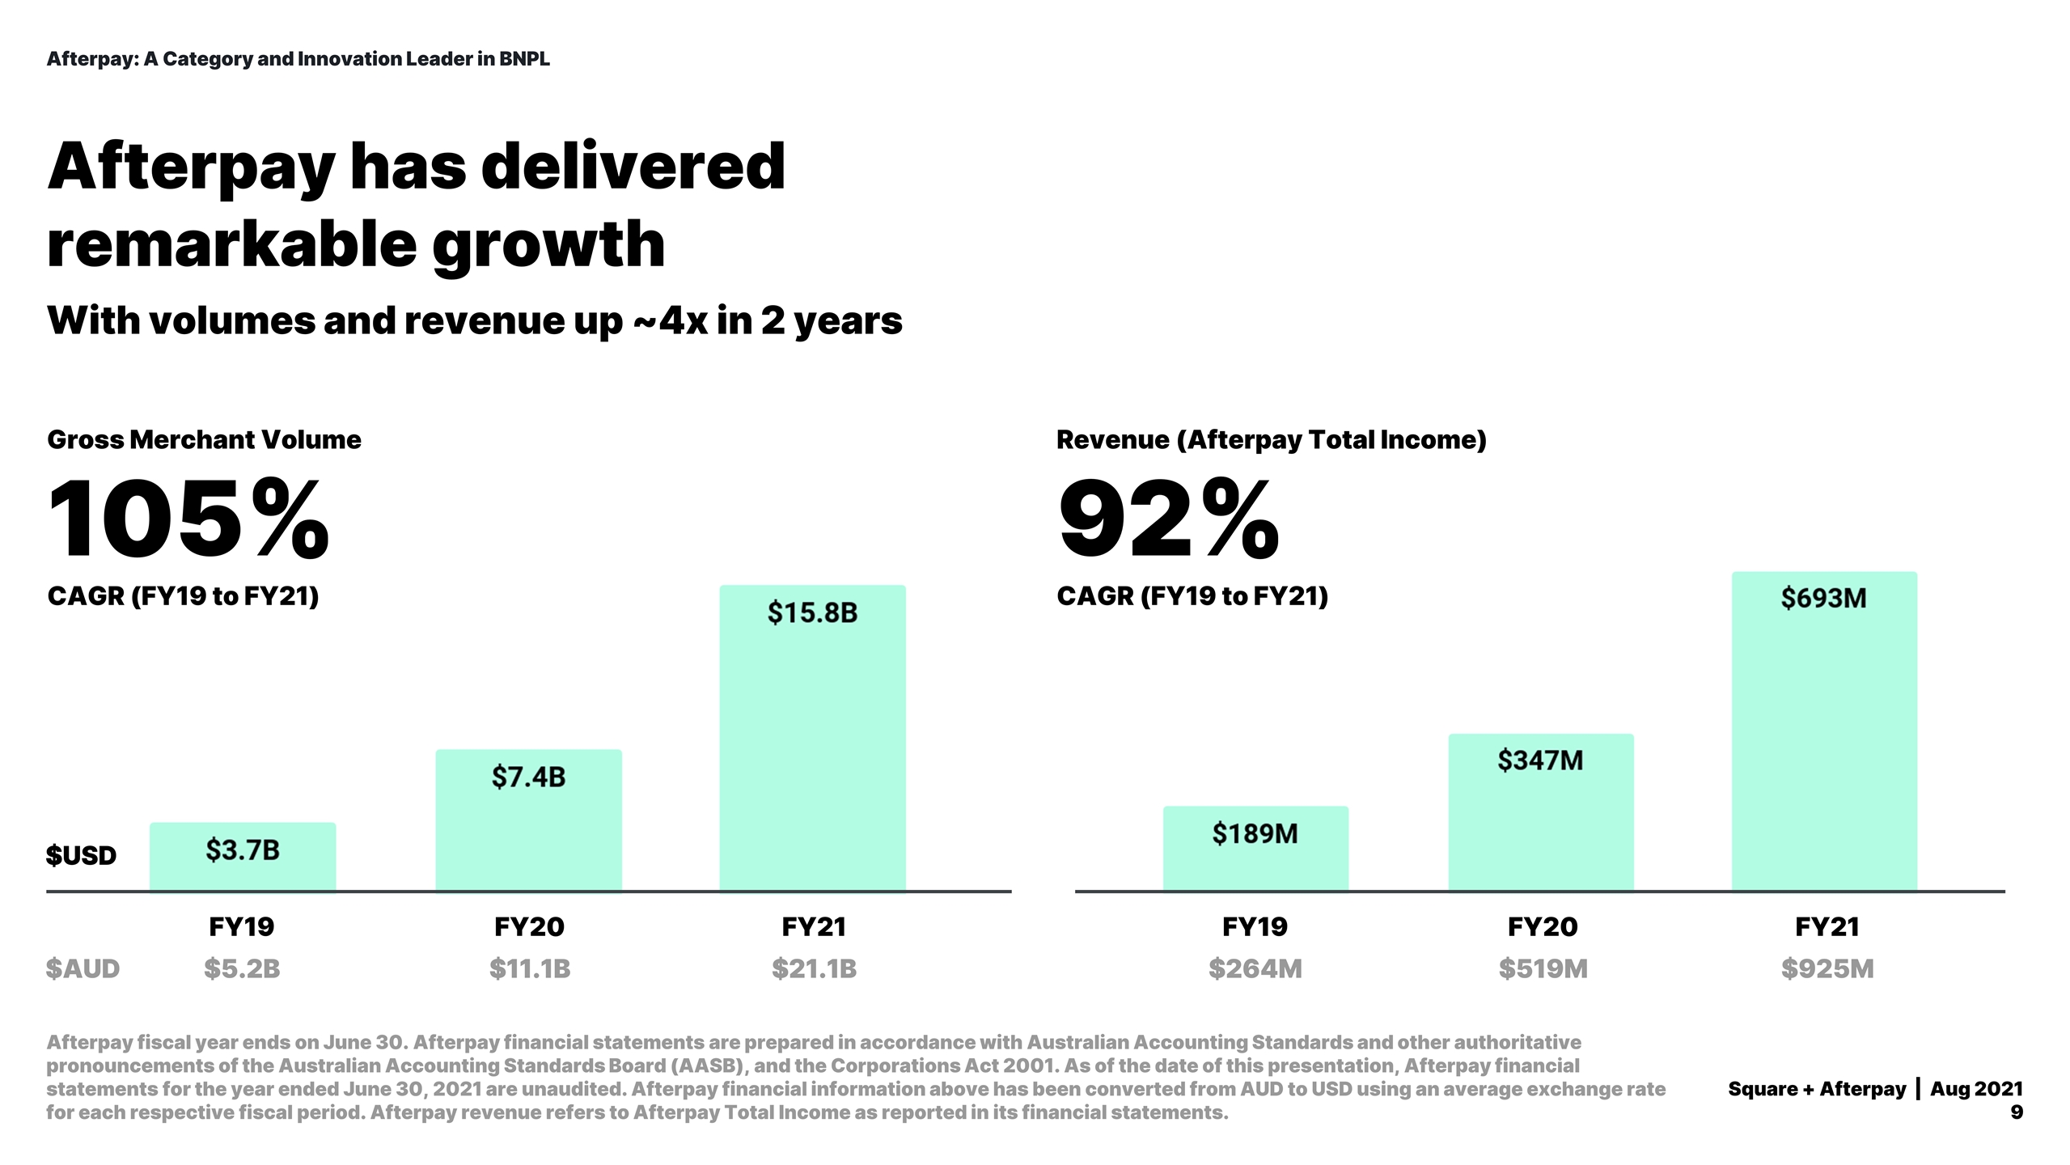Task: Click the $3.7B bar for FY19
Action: [243, 857]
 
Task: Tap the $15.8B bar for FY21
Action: [812, 738]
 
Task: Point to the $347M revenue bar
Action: [1540, 812]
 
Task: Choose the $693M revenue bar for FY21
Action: [1824, 731]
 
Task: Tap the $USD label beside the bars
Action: [81, 855]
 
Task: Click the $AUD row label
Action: [83, 968]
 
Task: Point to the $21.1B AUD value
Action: [814, 968]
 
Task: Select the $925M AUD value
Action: [1827, 968]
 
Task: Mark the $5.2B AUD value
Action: [242, 968]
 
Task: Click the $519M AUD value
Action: [1543, 968]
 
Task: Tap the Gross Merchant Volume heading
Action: [204, 439]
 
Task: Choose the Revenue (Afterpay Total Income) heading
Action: [1271, 439]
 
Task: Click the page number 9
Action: [2016, 1112]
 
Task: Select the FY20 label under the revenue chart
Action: [1542, 926]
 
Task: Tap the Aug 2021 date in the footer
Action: [1976, 1089]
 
